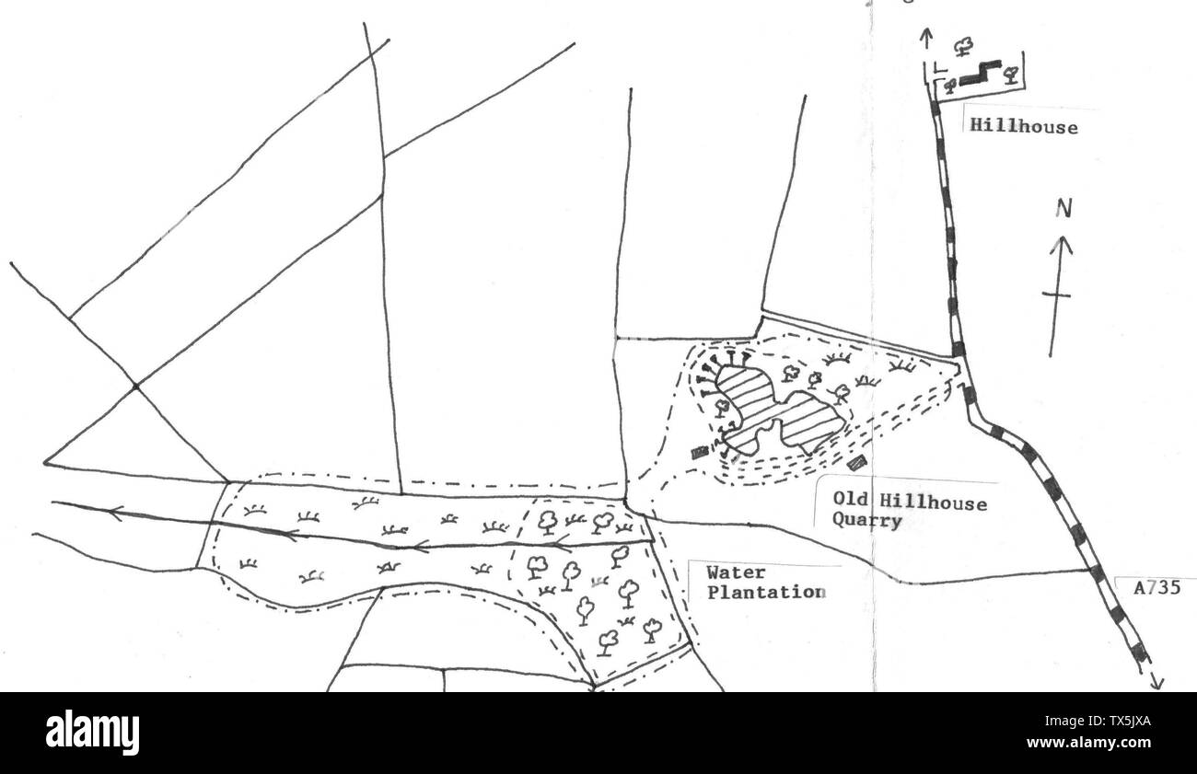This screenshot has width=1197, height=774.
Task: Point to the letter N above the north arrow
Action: [x=1063, y=210]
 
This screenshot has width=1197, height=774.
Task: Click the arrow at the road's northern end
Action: [x=925, y=37]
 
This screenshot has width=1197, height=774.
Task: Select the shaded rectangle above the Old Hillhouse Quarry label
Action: [x=857, y=461]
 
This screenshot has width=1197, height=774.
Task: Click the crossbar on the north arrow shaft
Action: [x=1057, y=295]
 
